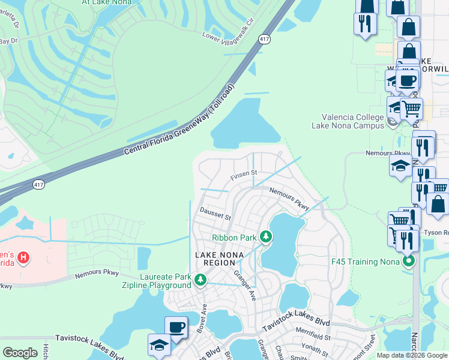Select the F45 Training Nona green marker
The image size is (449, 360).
click(409, 261)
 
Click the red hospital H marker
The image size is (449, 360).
click(23, 258)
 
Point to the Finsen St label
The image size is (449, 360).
click(244, 174)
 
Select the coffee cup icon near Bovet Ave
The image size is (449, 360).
click(176, 327)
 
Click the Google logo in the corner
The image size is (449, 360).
click(20, 352)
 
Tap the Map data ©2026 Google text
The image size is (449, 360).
click(412, 355)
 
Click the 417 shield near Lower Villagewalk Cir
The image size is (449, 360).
click(264, 39)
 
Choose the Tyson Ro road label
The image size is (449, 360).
click(436, 233)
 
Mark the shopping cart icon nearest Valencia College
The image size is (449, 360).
click(411, 109)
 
